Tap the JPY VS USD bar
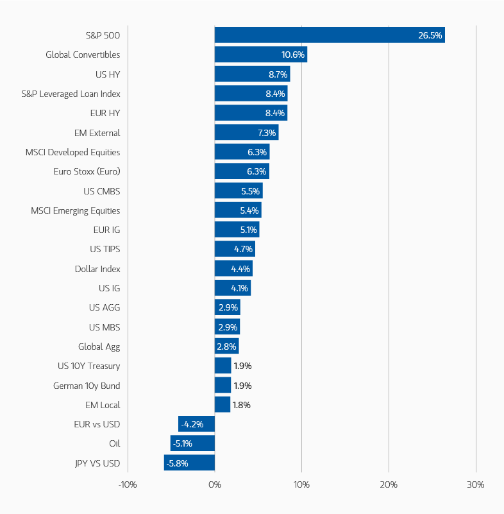[189, 463]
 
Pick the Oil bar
[192, 443]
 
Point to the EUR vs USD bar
[196, 424]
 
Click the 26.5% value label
[430, 35]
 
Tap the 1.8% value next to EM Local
[242, 405]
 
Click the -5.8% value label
[177, 463]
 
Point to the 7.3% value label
[265, 133]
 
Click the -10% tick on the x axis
[128, 484]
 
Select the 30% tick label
[476, 484]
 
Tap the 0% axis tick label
[215, 484]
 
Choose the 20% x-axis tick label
[389, 484]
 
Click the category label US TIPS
[105, 249]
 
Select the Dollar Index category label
[97, 269]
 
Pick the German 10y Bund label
[87, 386]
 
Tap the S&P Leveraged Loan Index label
[71, 94]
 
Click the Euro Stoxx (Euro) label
[87, 171]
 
